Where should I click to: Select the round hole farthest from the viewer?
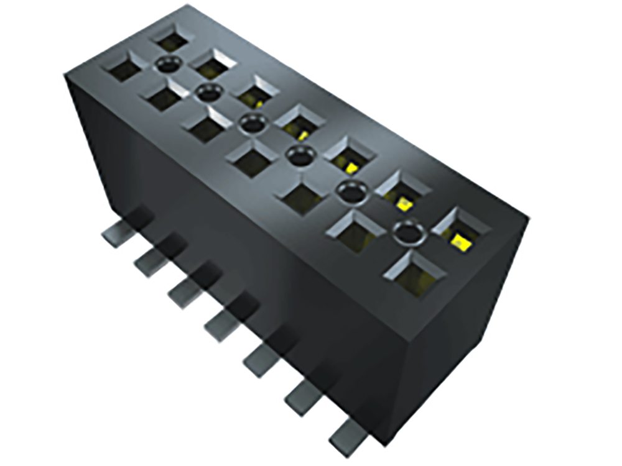point(169,62)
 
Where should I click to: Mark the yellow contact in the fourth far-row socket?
point(303,134)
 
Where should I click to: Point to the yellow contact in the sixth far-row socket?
point(404,203)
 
